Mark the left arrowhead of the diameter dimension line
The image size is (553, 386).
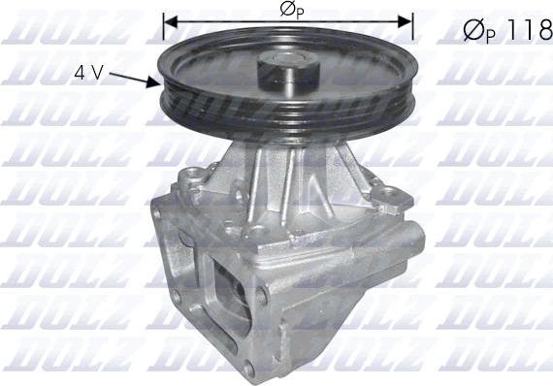(170, 19)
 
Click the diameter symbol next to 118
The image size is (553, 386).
(474, 31)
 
